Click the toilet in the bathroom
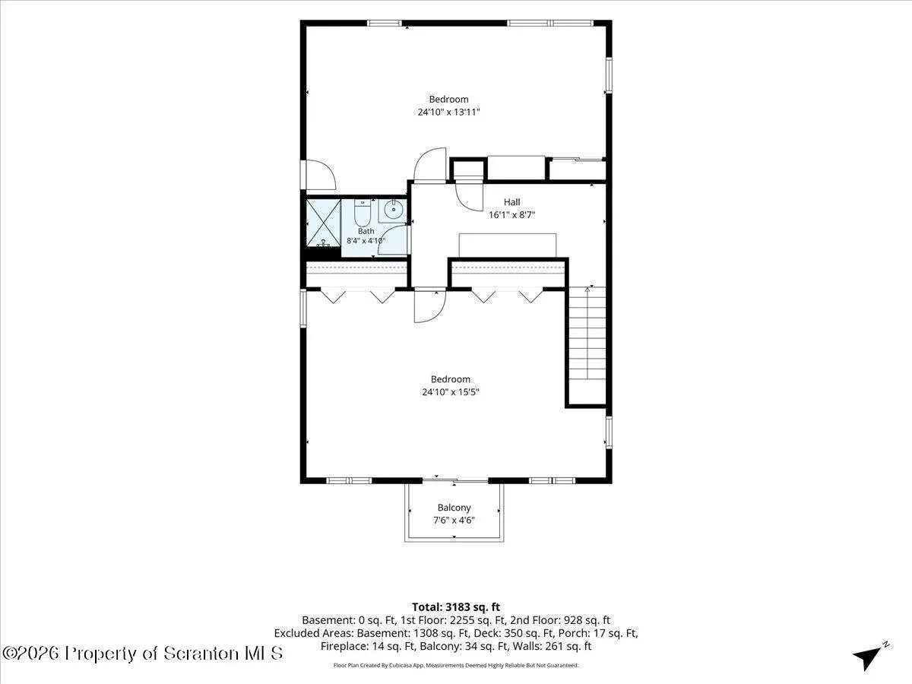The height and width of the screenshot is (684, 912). (x=362, y=213)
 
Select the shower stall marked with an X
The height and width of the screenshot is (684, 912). (x=323, y=223)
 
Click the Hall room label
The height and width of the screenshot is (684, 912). (x=512, y=202)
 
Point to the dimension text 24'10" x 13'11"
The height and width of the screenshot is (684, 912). (x=448, y=112)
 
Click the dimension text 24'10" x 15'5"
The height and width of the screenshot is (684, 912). (x=451, y=392)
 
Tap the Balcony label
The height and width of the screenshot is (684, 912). (x=454, y=508)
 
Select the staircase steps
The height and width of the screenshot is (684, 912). (x=587, y=333)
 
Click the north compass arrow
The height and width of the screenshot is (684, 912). (x=870, y=657)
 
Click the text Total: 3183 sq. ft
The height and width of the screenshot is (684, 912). (x=456, y=606)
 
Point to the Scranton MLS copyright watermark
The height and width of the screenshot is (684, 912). (x=142, y=654)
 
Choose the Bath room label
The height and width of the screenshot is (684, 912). (x=366, y=231)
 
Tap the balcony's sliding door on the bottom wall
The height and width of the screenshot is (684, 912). (x=455, y=480)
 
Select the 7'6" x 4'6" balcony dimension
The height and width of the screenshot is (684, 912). (x=454, y=521)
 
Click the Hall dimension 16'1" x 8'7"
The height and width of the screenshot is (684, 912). (x=512, y=215)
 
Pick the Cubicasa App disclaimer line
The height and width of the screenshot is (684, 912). (x=456, y=665)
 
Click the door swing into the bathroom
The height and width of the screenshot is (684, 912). (x=392, y=239)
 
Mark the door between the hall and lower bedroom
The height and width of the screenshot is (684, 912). (x=430, y=305)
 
